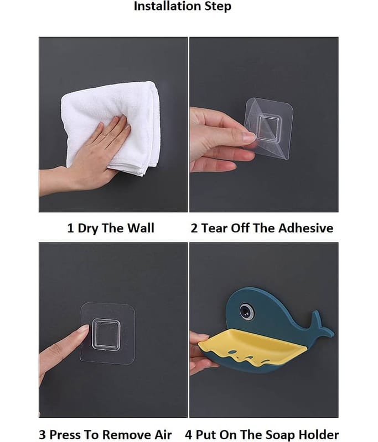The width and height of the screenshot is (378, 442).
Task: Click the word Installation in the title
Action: pyautogui.click(x=168, y=6)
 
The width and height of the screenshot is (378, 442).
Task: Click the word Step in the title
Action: pyautogui.click(x=218, y=6)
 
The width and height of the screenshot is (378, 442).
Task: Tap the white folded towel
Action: pyautogui.click(x=110, y=127)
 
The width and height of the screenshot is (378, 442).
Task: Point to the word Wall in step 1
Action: pyautogui.click(x=140, y=228)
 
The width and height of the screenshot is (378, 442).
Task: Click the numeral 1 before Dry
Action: pyautogui.click(x=70, y=228)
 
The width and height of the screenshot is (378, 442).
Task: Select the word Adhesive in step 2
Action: pyautogui.click(x=305, y=228)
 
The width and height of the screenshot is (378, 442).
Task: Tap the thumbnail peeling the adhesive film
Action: pyautogui.click(x=249, y=137)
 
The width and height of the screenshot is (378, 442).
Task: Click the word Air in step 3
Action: pyautogui.click(x=163, y=434)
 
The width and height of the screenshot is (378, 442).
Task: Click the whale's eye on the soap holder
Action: pyautogui.click(x=246, y=311)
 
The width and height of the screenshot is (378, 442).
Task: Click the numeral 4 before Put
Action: pyautogui.click(x=188, y=435)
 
